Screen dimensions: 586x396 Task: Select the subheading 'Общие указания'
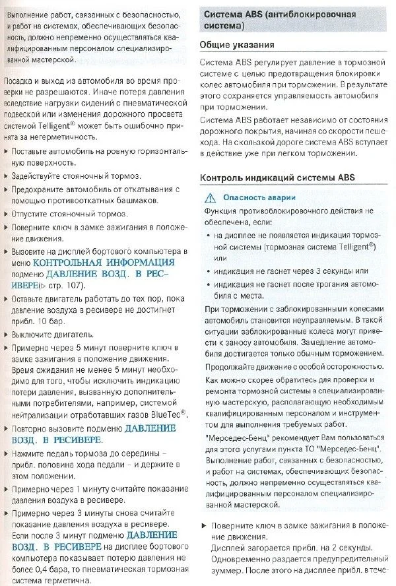(x=237, y=45)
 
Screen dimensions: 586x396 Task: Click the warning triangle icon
(x=211, y=197)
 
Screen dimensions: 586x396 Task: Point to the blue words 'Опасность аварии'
(x=259, y=197)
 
